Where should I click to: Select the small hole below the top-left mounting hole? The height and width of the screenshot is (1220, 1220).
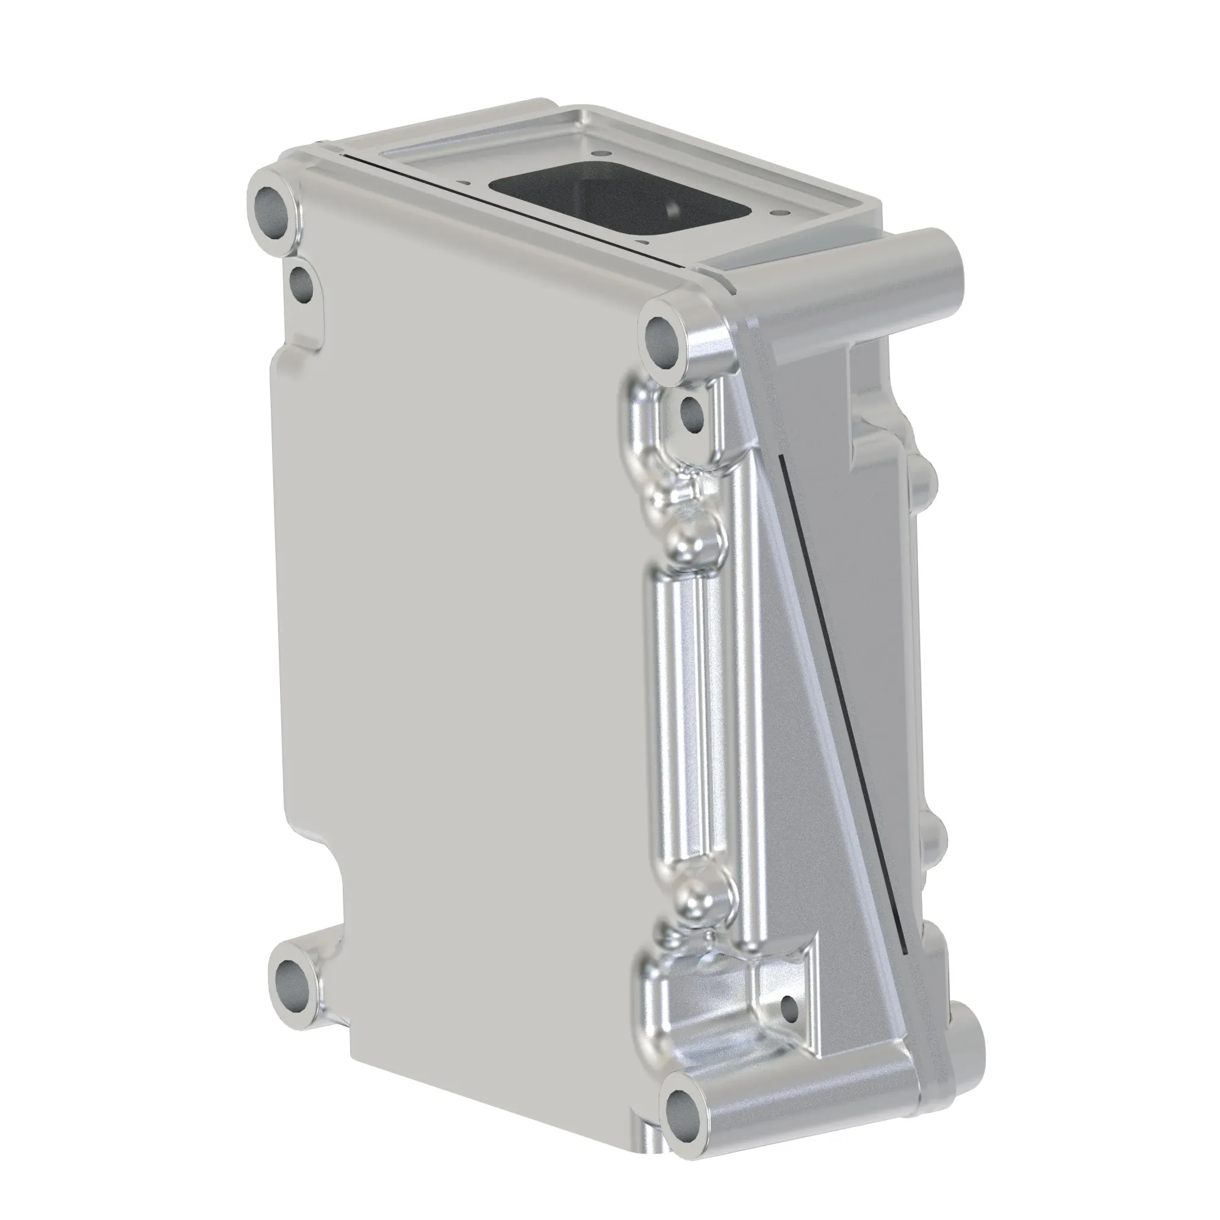[301, 285]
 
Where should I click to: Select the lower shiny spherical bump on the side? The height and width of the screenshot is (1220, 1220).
[704, 891]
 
